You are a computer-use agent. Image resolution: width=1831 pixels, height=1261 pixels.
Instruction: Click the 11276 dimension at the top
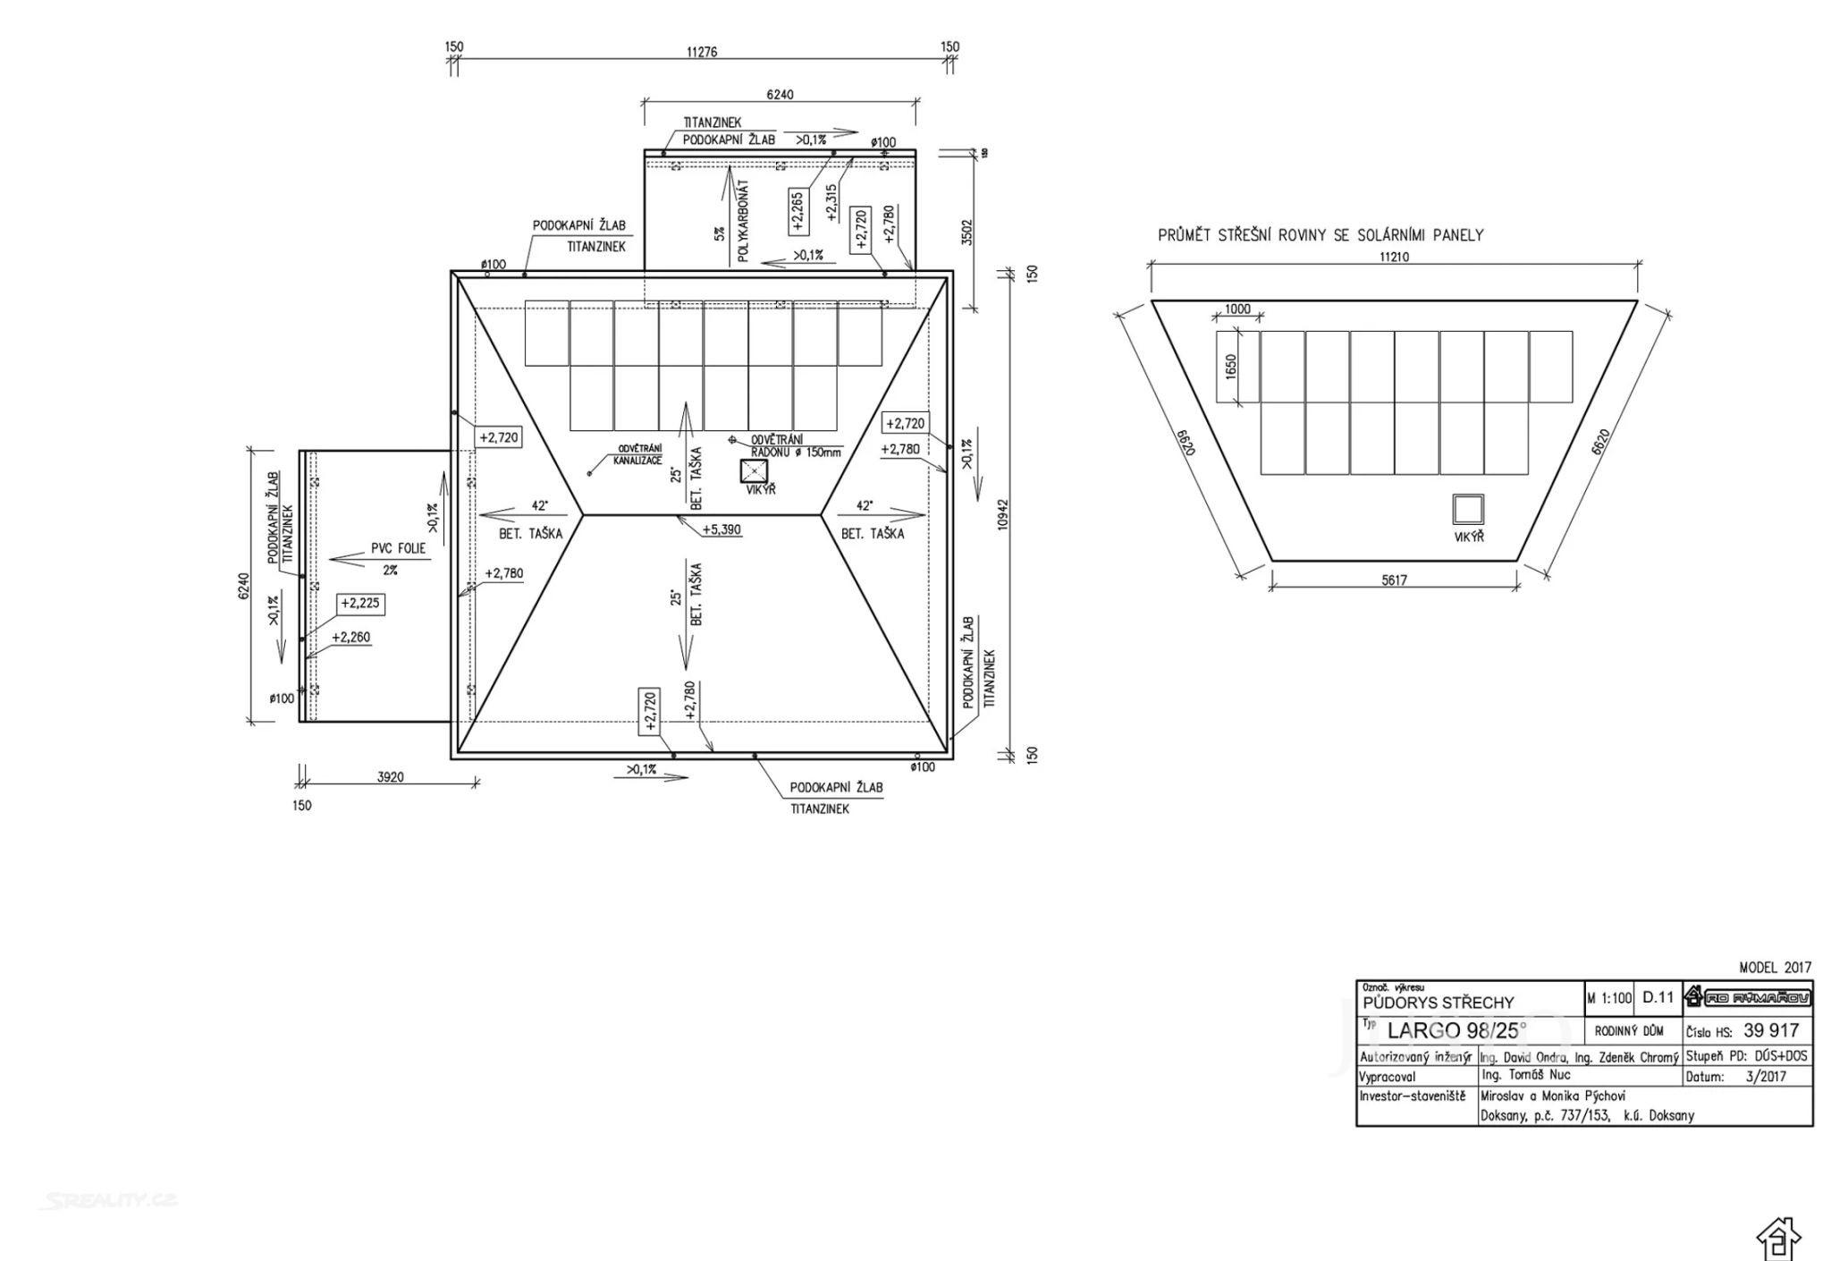(x=702, y=52)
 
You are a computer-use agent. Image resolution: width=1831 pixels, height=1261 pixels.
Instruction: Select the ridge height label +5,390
(x=721, y=529)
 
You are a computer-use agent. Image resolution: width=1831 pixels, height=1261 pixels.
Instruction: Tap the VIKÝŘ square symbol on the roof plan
(x=755, y=470)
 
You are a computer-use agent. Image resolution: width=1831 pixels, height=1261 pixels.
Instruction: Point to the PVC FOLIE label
(x=399, y=548)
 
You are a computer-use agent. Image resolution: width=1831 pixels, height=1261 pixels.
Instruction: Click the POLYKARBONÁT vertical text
(x=744, y=221)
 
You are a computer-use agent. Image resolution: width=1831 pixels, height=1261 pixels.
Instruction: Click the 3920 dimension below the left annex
(x=390, y=777)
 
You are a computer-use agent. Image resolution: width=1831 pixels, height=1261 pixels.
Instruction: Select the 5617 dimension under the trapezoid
(x=1394, y=580)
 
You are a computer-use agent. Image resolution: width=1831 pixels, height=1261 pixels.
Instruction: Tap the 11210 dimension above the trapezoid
(x=1394, y=257)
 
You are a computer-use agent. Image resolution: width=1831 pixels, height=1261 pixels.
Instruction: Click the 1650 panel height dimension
(x=1231, y=367)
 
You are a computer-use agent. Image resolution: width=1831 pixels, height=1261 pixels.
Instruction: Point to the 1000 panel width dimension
(x=1237, y=309)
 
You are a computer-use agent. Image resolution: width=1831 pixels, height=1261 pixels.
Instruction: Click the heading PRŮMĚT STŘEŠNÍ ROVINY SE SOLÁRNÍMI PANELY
(x=1321, y=235)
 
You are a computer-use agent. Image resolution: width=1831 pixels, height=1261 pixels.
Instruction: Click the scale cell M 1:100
(x=1609, y=998)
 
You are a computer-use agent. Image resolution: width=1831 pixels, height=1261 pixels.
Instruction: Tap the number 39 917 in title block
(x=1770, y=1030)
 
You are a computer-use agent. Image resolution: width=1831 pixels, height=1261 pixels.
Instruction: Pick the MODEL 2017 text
(x=1775, y=968)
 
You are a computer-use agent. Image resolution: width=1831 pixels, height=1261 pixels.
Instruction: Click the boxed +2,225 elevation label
(x=360, y=604)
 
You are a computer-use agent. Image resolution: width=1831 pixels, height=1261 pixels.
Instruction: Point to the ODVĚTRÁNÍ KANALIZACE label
(x=637, y=454)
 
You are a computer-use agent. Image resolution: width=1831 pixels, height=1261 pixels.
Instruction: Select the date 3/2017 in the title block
(x=1765, y=1077)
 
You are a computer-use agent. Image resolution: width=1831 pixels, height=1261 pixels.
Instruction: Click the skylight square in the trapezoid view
(x=1468, y=509)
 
